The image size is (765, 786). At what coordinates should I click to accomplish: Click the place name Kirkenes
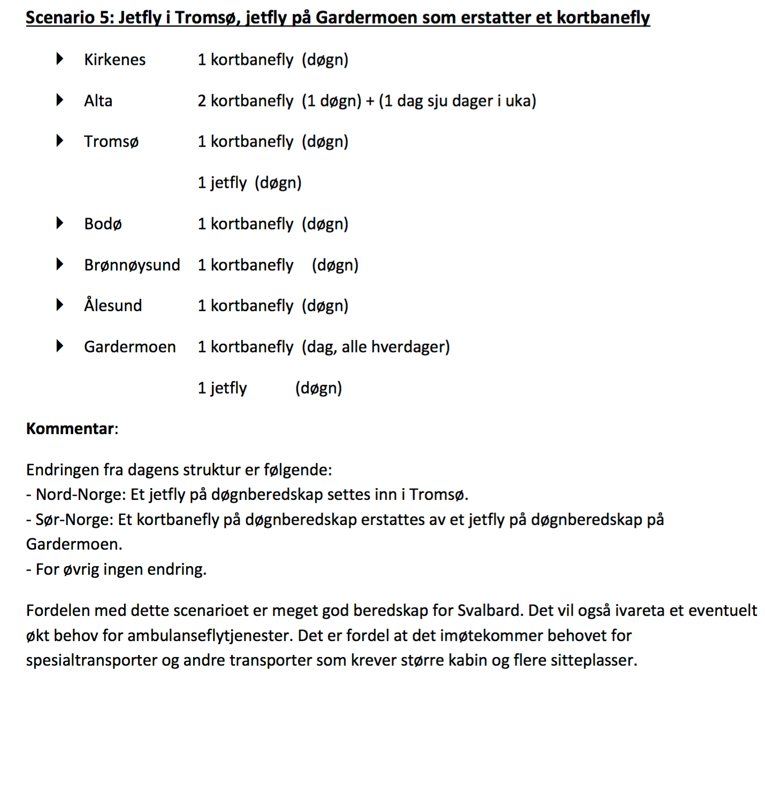click(114, 59)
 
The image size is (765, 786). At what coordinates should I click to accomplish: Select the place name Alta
click(98, 101)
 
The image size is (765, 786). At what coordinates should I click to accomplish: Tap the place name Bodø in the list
click(103, 224)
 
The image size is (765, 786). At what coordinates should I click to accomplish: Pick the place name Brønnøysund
click(132, 265)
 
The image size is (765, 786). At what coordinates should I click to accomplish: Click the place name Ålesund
click(113, 305)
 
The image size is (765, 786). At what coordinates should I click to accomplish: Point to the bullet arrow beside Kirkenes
click(60, 59)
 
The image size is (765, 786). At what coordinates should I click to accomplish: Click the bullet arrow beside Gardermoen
click(60, 346)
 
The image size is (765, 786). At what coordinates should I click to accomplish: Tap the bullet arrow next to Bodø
click(60, 223)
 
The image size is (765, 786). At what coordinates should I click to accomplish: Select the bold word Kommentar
click(70, 429)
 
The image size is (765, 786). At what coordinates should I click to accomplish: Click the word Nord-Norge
click(80, 495)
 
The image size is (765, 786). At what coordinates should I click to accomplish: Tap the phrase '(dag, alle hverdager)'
click(376, 347)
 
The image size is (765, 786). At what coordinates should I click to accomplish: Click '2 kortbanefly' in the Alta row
click(245, 101)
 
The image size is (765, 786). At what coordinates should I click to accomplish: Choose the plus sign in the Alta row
click(370, 101)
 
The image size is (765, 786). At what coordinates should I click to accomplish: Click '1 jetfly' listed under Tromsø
click(222, 183)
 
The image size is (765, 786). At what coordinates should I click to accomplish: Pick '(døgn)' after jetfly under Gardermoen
click(318, 388)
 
